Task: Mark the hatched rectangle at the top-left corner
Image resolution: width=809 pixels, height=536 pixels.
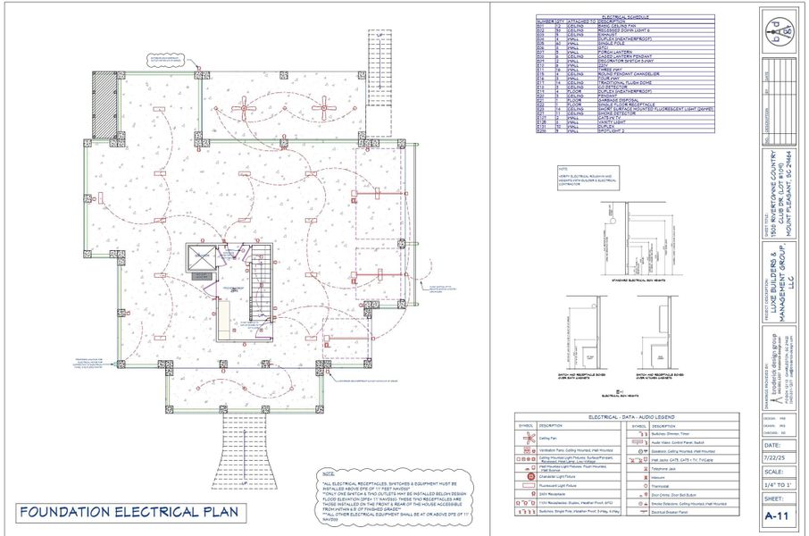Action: coord(104,105)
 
